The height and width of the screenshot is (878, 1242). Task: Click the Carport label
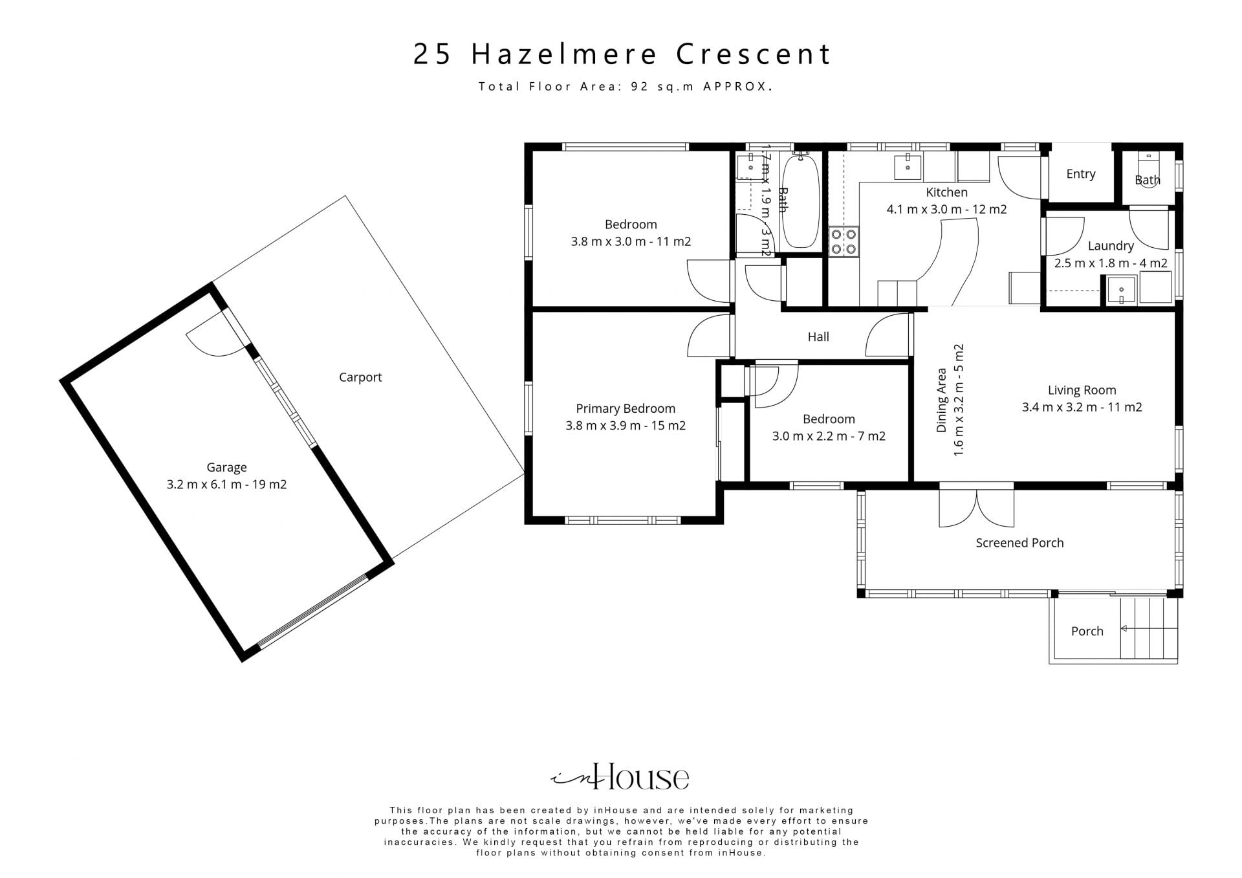pyautogui.click(x=360, y=377)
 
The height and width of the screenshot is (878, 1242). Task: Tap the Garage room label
pyautogui.click(x=226, y=467)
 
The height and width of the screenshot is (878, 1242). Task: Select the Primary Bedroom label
pyautogui.click(x=626, y=408)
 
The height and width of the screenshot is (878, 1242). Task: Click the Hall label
pyautogui.click(x=818, y=336)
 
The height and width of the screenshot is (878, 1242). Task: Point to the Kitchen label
pyautogui.click(x=946, y=192)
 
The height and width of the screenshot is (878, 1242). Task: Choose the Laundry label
pyautogui.click(x=1111, y=246)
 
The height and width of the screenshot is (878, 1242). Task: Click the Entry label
pyautogui.click(x=1081, y=174)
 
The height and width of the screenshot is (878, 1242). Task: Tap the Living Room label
pyautogui.click(x=1082, y=390)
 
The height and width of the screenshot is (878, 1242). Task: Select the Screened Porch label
pyautogui.click(x=1019, y=543)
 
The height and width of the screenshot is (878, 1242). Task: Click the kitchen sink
pyautogui.click(x=908, y=166)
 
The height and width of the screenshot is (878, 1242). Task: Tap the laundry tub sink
pyautogui.click(x=1122, y=290)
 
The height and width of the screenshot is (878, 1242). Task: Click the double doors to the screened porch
pyautogui.click(x=977, y=509)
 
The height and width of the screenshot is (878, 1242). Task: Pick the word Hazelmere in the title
pyautogui.click(x=565, y=54)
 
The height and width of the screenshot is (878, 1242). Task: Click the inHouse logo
pyautogui.click(x=620, y=776)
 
